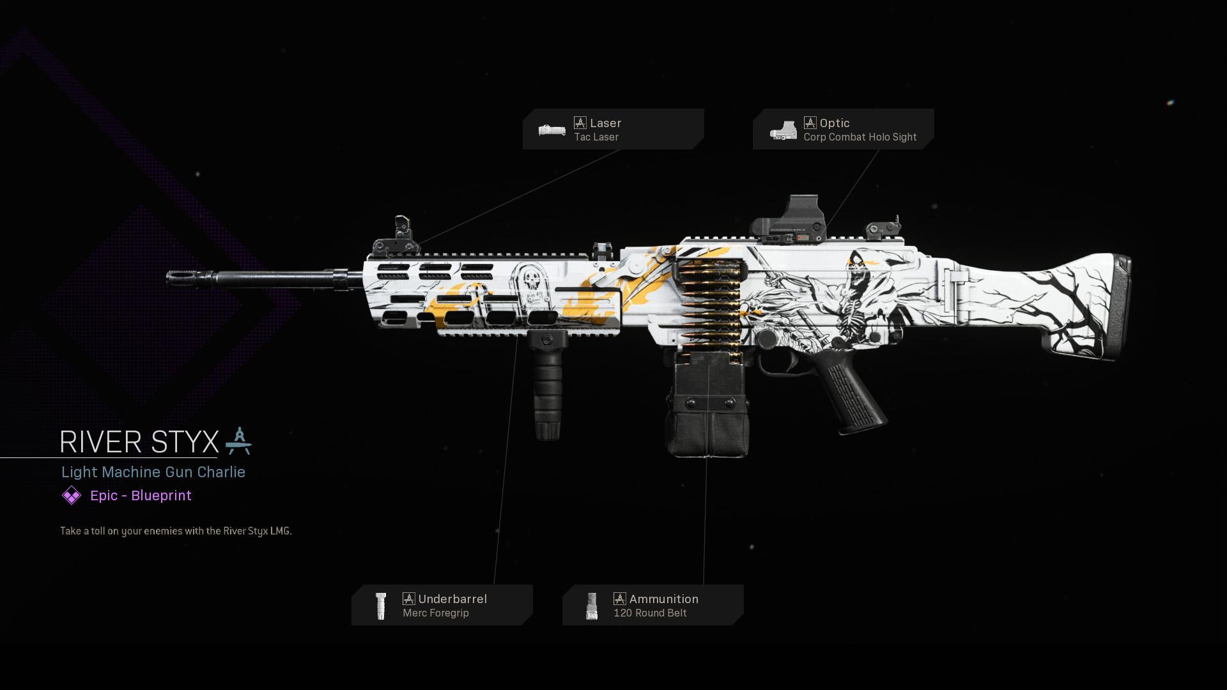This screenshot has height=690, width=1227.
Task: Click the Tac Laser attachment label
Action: (596, 137)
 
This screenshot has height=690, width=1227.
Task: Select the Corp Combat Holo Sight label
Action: (860, 137)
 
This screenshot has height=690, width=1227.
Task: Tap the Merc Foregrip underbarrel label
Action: (435, 613)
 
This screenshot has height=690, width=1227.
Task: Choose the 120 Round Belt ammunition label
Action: (650, 613)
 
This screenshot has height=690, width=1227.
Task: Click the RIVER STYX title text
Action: (139, 442)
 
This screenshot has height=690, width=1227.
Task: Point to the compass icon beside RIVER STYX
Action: (238, 441)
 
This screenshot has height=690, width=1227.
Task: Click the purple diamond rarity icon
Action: (72, 495)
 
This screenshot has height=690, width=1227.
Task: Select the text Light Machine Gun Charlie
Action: (153, 472)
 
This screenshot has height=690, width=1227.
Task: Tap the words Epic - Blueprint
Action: (141, 496)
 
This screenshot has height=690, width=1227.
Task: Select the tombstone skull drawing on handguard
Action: (532, 287)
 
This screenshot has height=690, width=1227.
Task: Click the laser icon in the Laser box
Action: (552, 130)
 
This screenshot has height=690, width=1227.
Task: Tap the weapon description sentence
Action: (176, 531)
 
